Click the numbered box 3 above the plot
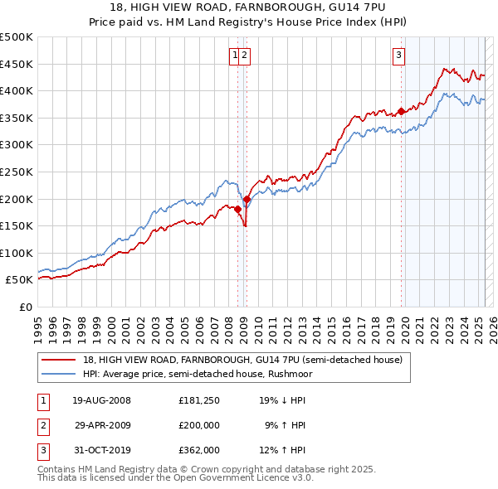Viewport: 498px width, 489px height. coord(399,56)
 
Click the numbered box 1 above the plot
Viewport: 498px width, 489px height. coord(236,56)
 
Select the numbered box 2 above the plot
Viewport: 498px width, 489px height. coord(247,56)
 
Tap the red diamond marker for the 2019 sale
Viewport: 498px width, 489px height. coord(402,111)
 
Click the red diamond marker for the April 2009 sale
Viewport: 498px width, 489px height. coord(247,199)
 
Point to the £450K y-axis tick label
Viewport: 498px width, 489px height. coord(17,64)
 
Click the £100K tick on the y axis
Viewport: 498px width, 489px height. coord(17,253)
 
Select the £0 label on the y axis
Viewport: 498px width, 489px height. coord(27,307)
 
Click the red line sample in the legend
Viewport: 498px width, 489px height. coord(60,360)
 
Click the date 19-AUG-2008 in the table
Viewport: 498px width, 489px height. coord(102,400)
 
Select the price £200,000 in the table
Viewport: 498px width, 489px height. coord(199,425)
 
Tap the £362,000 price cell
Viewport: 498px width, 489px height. coord(199,450)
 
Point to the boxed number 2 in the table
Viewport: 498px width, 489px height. coord(42,425)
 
